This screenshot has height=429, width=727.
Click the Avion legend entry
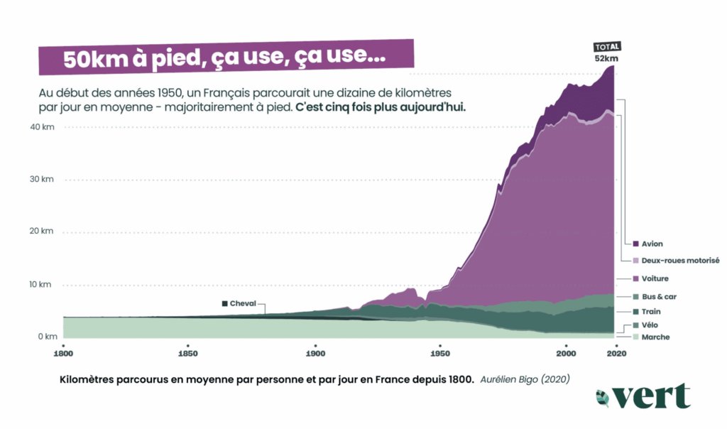point(651,244)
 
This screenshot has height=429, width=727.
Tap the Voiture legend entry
point(654,278)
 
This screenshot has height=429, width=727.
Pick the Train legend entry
point(651,312)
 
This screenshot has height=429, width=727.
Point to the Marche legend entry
point(655,337)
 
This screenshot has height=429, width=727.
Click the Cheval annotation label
point(241,303)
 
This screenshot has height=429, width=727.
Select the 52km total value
point(606,58)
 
